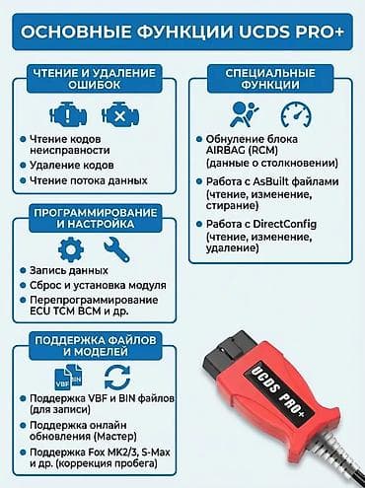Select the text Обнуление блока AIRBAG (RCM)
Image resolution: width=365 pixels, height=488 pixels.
(x=278, y=146)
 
